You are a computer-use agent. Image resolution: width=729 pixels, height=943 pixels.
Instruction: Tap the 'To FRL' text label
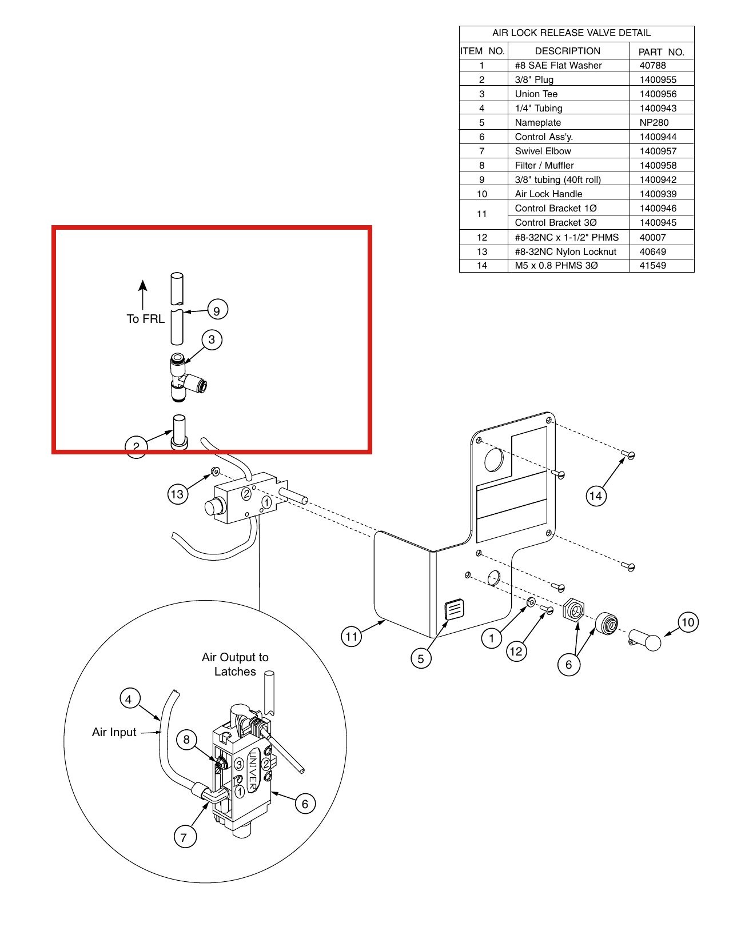click(145, 318)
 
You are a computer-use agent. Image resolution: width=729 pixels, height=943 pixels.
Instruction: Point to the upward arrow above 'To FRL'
click(143, 295)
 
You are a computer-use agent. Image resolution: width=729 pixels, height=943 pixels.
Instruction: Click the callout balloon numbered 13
click(178, 494)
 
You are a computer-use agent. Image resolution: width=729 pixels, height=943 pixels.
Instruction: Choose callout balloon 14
click(595, 496)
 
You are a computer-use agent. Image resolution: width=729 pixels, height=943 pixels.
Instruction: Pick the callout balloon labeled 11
click(351, 637)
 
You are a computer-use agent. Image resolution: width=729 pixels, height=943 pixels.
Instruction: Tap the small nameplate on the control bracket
click(454, 609)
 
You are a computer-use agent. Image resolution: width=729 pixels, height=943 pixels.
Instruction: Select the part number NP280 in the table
click(654, 122)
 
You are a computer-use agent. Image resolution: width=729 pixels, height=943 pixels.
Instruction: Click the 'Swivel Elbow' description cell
click(543, 151)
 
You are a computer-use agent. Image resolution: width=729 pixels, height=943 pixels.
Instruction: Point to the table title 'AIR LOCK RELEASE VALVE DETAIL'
click(571, 33)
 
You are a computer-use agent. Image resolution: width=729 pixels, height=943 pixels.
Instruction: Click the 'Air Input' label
click(114, 732)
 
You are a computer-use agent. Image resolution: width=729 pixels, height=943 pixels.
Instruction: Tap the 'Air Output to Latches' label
click(235, 665)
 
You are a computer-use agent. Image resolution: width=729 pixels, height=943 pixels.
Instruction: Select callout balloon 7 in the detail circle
click(184, 837)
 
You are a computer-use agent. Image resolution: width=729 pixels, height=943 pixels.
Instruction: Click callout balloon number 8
click(187, 740)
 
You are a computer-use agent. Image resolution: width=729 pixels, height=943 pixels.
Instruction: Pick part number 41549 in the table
click(652, 265)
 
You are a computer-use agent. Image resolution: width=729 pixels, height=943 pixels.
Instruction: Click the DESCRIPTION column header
click(568, 51)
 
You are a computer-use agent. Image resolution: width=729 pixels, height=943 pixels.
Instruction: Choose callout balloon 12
click(516, 651)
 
